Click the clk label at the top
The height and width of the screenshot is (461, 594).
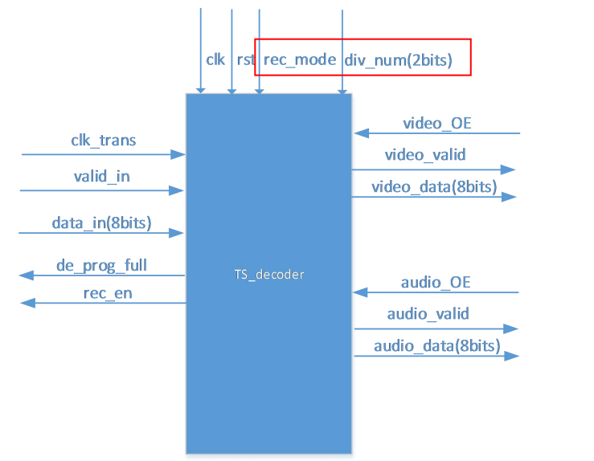(x=215, y=59)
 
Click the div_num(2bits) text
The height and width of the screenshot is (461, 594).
(x=398, y=59)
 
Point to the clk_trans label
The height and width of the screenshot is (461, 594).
(x=104, y=141)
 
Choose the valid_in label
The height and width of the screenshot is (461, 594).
(x=101, y=177)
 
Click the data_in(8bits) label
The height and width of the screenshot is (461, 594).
(x=101, y=222)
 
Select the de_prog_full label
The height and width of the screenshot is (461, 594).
(x=101, y=264)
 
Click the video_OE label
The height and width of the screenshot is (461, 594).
(x=436, y=123)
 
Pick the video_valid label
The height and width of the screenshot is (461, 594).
(x=425, y=155)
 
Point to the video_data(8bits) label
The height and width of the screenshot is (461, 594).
(x=434, y=186)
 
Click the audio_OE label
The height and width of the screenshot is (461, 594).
(x=435, y=283)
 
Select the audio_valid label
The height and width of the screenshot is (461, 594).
(x=428, y=314)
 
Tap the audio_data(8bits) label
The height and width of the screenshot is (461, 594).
(x=436, y=346)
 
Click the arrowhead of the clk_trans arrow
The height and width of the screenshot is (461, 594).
(x=180, y=154)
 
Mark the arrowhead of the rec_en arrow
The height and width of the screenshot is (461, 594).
(x=26, y=303)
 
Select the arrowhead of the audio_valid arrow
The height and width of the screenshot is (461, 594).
(x=512, y=328)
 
